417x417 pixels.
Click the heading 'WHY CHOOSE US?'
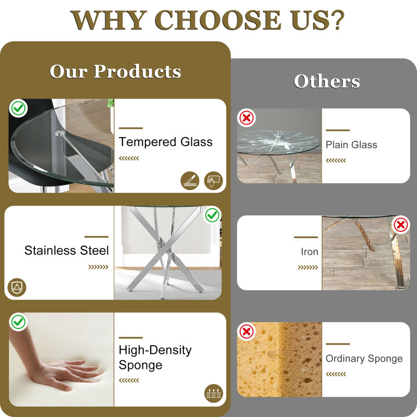point(207,20)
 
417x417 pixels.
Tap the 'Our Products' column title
point(115,71)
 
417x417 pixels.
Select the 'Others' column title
point(327,81)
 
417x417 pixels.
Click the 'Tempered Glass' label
point(165,142)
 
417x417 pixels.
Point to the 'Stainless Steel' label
point(67,250)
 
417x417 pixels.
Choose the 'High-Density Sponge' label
point(155,358)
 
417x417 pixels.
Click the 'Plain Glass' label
point(351,145)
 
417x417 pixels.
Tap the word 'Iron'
point(310,252)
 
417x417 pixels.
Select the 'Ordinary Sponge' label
point(364,359)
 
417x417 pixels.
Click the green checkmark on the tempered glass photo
point(18,108)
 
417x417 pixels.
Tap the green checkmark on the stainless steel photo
point(212,215)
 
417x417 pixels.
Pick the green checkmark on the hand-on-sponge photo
point(18,322)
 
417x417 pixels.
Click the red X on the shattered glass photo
point(247,118)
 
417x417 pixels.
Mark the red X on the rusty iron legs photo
point(401,225)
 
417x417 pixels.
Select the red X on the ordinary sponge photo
point(247,332)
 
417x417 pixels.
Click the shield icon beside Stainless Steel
point(17,288)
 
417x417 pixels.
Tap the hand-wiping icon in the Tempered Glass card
point(214,181)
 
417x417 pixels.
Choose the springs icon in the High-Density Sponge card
point(214,394)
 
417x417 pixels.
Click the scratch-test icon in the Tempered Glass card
point(190,181)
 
